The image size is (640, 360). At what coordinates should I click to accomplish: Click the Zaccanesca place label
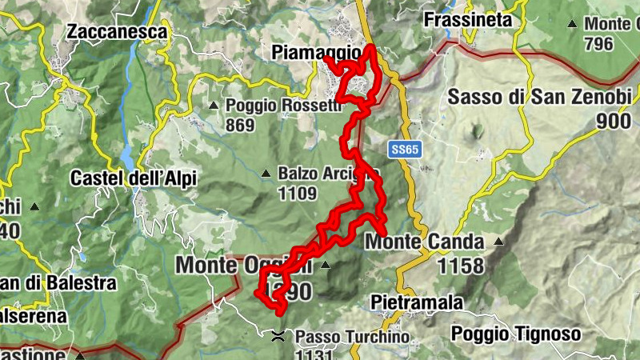(118, 32)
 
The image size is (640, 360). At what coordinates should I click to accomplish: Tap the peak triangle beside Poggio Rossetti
(214, 106)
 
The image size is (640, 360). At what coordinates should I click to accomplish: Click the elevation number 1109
(298, 194)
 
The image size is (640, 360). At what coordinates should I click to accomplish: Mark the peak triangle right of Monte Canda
(498, 242)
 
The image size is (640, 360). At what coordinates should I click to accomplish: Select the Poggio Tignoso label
(514, 334)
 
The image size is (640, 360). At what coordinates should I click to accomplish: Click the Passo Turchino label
(352, 338)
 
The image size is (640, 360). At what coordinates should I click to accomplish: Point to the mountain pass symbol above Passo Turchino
(278, 336)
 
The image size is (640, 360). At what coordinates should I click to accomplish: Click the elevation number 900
(614, 122)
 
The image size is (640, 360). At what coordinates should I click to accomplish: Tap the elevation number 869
(240, 125)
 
